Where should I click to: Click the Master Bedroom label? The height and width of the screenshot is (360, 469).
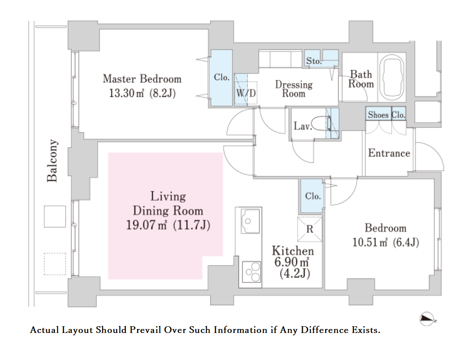coord(142,79)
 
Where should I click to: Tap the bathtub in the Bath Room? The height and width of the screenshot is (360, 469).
coord(392,77)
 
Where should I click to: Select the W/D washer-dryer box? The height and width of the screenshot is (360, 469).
coord(246,89)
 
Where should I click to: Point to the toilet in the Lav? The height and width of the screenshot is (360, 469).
coord(321,123)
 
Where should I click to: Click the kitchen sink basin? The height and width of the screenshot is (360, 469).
coord(250,221)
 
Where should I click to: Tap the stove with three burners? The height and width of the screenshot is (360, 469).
coord(251,272)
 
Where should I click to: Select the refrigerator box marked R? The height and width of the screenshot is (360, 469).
coord(310,229)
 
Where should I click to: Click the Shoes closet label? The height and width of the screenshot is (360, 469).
coord(378,115)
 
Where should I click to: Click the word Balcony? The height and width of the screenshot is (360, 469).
coord(52,161)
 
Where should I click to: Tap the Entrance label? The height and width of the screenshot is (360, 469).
coord(389,153)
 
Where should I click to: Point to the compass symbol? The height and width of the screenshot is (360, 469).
coord(427,319)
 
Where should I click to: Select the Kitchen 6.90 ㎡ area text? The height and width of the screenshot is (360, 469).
coord(293,262)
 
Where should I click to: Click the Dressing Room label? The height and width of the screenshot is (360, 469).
coord(294,89)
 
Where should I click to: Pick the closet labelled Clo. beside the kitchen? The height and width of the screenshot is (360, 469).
coord(312,196)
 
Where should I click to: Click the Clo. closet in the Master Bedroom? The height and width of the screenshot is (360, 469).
coord(222,78)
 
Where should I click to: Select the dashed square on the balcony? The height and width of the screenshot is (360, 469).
coord(55,264)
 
